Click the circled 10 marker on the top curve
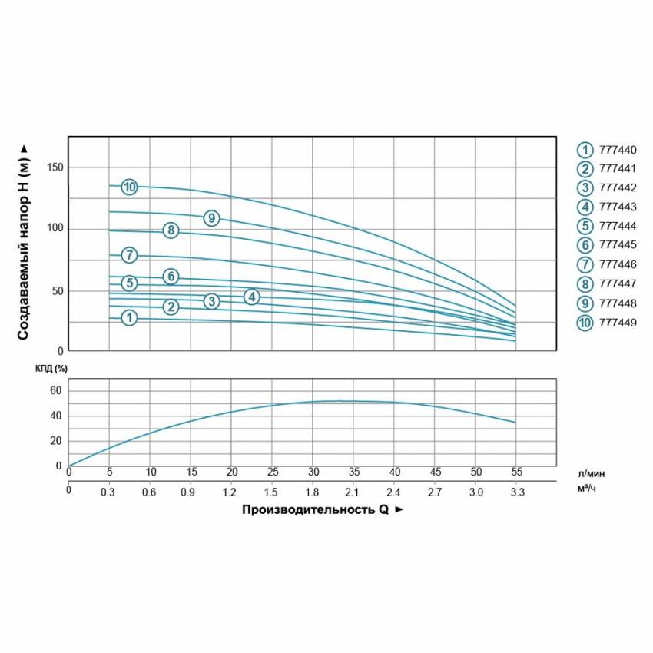(129, 187)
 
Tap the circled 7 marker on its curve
(129, 255)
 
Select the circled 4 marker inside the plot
(252, 297)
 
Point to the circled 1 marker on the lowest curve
(129, 317)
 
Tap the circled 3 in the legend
(585, 188)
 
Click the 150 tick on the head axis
(55, 167)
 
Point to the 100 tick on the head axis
(55, 229)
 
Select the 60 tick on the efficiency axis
(55, 391)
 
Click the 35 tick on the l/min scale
(353, 471)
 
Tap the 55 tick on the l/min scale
(516, 471)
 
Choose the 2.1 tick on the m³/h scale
(353, 492)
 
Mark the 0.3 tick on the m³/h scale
(109, 492)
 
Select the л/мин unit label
(596, 474)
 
